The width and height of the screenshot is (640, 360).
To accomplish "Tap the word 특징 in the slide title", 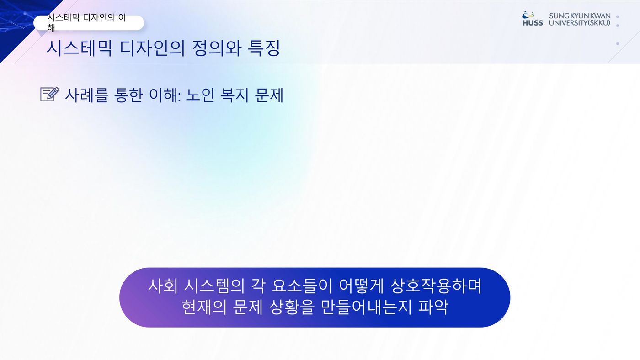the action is click(x=264, y=48).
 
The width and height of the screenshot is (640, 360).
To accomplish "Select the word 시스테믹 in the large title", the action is click(x=79, y=48).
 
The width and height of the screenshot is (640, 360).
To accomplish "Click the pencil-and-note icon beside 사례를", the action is click(x=50, y=94).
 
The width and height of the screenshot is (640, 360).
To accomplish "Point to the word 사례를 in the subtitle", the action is click(x=87, y=95).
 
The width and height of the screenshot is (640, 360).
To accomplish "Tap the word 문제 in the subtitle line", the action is click(x=269, y=95).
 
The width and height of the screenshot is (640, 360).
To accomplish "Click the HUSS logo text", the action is click(x=533, y=23).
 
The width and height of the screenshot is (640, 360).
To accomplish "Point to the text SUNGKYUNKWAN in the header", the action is click(x=580, y=16).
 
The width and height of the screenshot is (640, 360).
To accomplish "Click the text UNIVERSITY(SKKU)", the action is click(x=580, y=23).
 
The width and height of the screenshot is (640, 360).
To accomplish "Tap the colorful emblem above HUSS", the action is click(x=528, y=15).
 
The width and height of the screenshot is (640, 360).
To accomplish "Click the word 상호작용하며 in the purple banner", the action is click(x=436, y=286).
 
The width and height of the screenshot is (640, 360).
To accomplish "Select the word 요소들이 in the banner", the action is click(x=302, y=286).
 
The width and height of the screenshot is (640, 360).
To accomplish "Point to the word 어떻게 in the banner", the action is click(x=361, y=286).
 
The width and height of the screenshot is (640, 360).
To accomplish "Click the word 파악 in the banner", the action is click(x=433, y=307).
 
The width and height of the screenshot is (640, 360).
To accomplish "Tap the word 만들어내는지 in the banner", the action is click(x=366, y=307).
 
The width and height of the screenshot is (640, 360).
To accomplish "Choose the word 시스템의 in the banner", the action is click(x=214, y=286).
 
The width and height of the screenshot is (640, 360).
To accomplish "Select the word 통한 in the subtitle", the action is click(x=128, y=95).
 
